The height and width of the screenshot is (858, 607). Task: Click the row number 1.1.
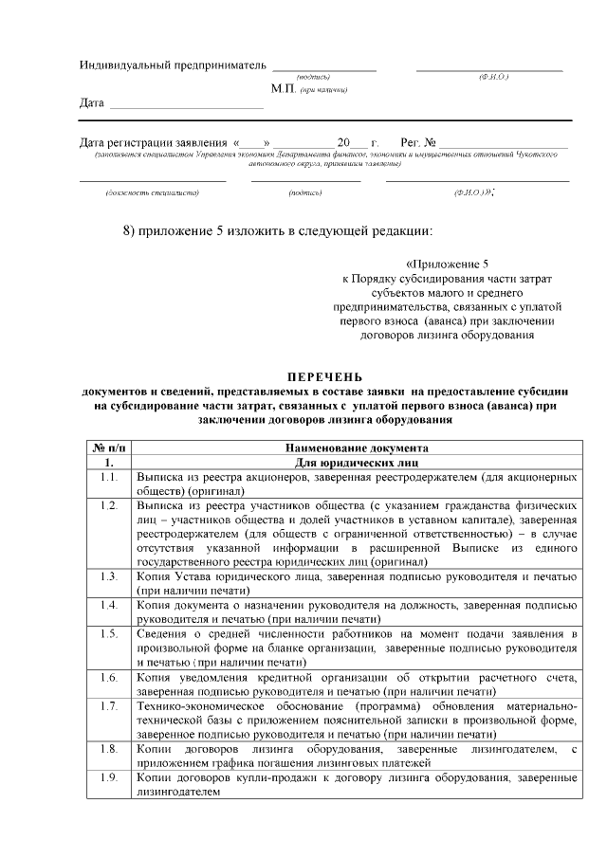tap(108, 477)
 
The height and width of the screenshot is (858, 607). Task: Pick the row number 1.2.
tap(108, 507)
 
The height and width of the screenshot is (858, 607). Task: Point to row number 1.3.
tap(108, 576)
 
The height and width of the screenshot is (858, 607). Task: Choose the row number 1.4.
tap(108, 605)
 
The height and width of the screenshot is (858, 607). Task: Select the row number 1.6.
tap(108, 678)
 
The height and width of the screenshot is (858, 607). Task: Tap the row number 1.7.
tap(108, 706)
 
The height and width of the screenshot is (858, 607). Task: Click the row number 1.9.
tap(108, 778)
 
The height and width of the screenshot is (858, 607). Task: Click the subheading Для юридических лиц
tap(357, 462)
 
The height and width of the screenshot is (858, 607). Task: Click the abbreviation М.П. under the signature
tap(284, 88)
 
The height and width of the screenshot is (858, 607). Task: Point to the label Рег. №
tap(418, 142)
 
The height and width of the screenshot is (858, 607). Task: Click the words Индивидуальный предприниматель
tap(171, 65)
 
